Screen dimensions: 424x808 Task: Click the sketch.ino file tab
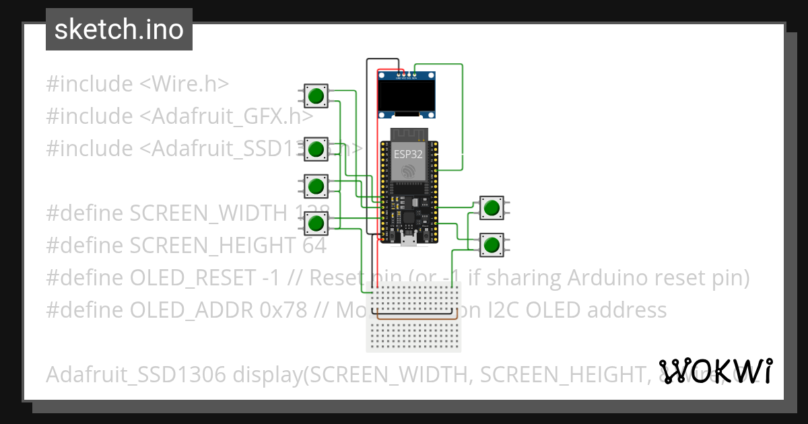pyautogui.click(x=119, y=30)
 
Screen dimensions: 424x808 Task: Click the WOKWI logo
pyautogui.click(x=715, y=371)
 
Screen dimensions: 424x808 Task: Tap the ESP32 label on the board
pyautogui.click(x=409, y=153)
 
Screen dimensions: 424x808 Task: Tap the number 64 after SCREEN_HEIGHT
pyautogui.click(x=314, y=246)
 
